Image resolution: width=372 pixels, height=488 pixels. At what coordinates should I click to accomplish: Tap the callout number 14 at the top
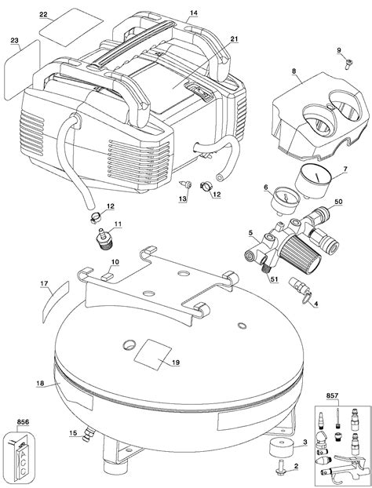coord(194,13)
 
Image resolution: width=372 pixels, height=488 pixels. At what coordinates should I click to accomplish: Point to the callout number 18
coord(39,382)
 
